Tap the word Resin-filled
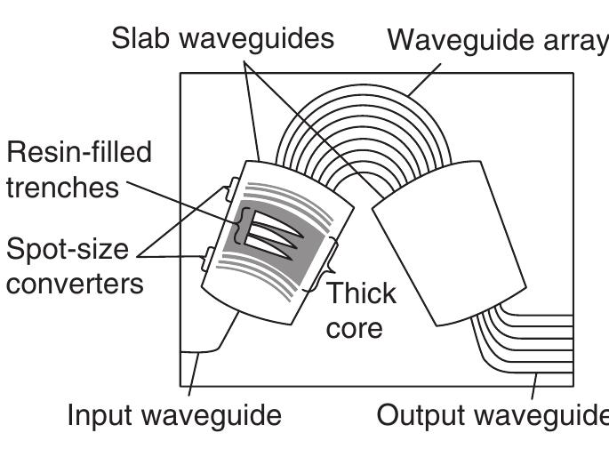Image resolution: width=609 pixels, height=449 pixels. tap(79, 152)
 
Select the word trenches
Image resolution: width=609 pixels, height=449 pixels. tap(62, 188)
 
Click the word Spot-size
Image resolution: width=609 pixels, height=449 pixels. tap(68, 251)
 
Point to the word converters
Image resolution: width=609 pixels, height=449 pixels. tap(75, 285)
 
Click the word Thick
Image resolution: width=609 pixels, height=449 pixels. tap(361, 293)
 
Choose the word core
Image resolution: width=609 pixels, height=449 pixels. tap(354, 327)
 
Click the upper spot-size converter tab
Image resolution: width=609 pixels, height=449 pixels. tap(228, 188)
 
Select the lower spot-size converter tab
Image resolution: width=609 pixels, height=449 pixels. tap(205, 259)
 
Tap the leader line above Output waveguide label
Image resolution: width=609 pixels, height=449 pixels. tap(535, 387)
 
